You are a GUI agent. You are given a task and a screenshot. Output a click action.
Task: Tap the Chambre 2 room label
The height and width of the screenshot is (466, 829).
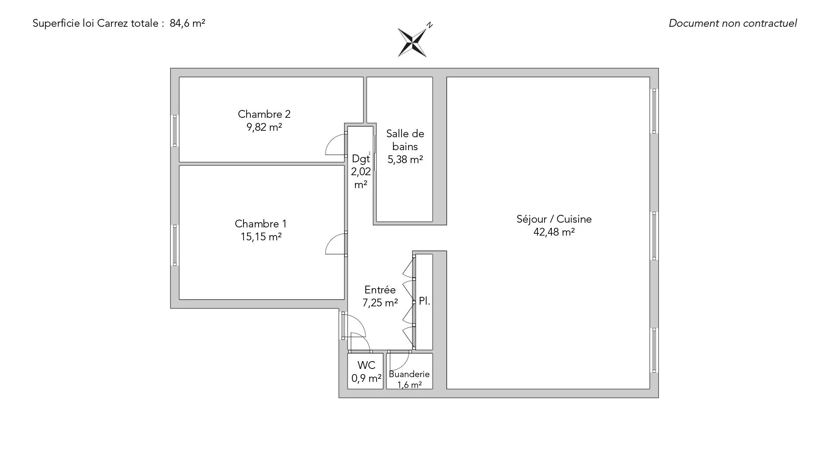264,114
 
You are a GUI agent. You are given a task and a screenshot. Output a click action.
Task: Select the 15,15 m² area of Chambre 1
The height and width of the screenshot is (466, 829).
261,236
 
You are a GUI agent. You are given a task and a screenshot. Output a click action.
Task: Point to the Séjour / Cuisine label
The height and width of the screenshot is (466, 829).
554,219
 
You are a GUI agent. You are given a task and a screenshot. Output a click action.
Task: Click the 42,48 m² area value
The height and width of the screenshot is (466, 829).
554,232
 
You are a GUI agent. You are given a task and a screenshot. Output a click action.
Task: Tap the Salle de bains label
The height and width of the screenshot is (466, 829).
405,140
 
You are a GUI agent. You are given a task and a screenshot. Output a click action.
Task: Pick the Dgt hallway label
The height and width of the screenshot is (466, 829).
361,158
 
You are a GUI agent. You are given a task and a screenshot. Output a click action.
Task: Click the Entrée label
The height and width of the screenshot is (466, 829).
380,290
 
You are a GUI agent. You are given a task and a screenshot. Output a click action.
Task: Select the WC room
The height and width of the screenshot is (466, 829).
365,371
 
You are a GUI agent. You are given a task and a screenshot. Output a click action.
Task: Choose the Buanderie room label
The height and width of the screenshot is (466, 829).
409,374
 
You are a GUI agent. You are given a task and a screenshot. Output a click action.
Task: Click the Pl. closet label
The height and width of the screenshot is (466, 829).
424,301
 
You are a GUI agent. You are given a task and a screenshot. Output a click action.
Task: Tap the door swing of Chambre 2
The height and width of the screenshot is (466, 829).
336,145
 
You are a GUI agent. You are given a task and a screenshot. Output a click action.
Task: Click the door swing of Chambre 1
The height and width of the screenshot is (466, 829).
336,243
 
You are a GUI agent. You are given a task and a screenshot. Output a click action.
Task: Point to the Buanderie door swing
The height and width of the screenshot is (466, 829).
399,360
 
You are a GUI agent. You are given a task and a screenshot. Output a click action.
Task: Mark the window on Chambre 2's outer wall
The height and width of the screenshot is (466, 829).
175,131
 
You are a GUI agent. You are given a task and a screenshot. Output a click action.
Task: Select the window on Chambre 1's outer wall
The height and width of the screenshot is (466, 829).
175,245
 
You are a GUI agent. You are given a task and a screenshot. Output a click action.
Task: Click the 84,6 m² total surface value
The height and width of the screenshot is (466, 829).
187,23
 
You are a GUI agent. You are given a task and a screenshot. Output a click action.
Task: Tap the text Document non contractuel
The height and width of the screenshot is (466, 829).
733,23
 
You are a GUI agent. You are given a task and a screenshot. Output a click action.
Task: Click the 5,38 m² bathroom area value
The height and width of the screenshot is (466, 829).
405,160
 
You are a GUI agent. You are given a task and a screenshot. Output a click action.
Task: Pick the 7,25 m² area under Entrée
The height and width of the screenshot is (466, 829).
380,303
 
